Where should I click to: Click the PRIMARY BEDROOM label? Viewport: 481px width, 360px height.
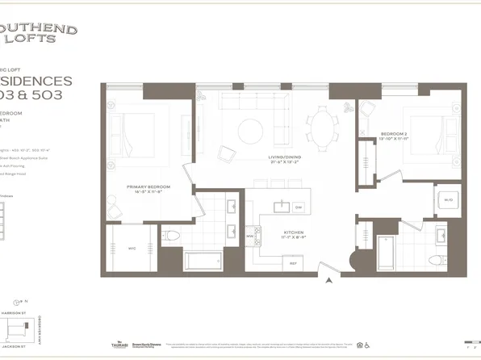point(145,189)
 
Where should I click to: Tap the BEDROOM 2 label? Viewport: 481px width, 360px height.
point(395,133)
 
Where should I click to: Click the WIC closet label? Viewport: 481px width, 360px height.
point(132,248)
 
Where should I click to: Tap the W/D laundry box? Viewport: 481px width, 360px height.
point(447,199)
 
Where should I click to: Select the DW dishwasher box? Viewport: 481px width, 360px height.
point(298,207)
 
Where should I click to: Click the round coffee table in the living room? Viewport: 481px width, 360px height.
point(250,130)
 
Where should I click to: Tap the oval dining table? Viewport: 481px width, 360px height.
point(326,128)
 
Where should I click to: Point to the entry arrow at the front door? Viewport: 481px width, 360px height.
point(329,281)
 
